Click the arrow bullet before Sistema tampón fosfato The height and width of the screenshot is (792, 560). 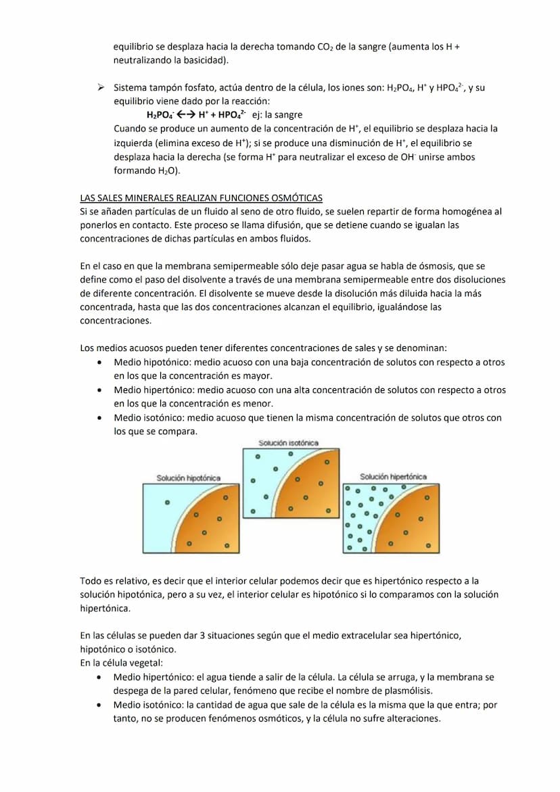point(100,88)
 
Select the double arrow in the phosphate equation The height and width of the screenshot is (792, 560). point(185,115)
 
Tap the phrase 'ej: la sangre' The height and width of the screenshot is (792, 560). point(277,115)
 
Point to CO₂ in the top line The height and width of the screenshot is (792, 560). point(325,47)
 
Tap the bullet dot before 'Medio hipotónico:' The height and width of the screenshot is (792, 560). point(100,363)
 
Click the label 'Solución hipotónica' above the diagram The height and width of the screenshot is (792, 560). point(188,478)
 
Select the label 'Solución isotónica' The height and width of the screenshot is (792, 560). point(289,443)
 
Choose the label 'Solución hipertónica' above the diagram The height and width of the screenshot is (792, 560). point(393,477)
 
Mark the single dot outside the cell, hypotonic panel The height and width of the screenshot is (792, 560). point(168,503)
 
